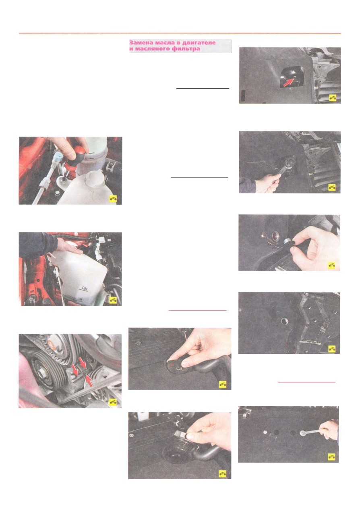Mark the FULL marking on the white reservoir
pos(85,289)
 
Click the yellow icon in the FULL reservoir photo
pos(113,300)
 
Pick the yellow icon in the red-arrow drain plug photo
pos(333,98)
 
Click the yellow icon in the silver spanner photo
pos(331,457)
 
